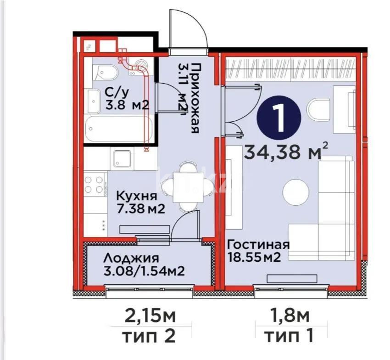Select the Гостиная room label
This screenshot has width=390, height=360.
(x=259, y=244)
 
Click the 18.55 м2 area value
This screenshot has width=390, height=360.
(x=254, y=257)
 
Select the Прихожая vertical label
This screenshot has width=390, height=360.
(x=195, y=97)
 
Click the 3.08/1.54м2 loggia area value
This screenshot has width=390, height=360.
(x=144, y=271)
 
